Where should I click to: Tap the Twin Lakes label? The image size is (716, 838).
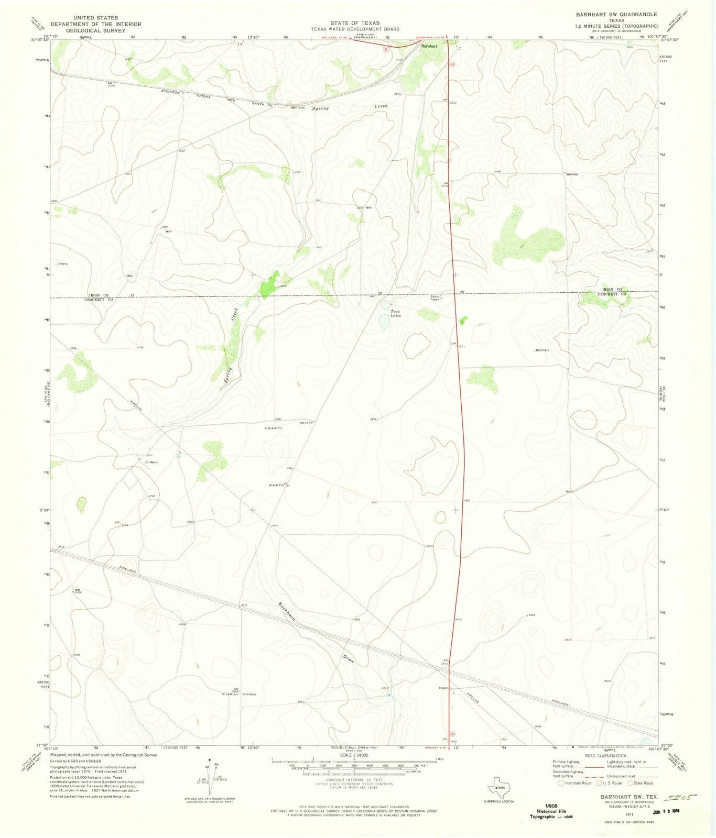pyautogui.click(x=396, y=313)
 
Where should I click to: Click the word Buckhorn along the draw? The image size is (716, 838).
pyautogui.click(x=287, y=612)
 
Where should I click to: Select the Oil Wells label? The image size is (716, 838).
pyautogui.click(x=151, y=462)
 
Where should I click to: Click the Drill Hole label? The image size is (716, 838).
pyautogui.click(x=249, y=694)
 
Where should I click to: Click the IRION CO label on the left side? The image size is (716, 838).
pyautogui.click(x=99, y=295)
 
